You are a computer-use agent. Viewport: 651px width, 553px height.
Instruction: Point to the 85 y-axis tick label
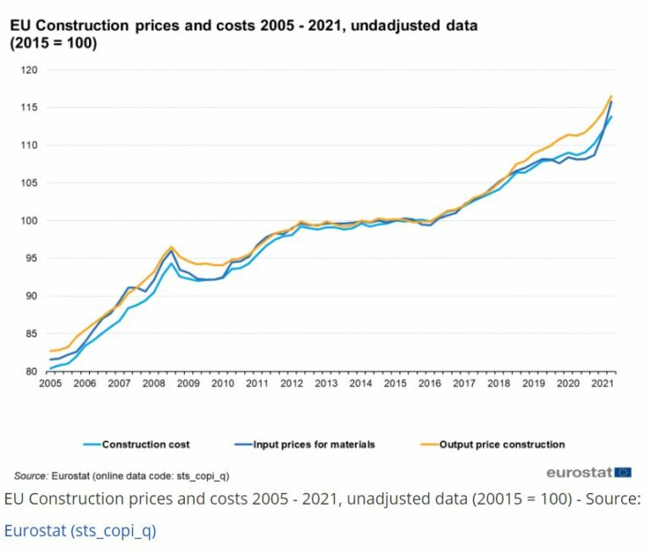32,334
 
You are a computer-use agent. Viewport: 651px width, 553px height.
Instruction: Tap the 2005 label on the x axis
49,384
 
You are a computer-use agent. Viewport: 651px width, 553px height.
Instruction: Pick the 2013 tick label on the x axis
325,384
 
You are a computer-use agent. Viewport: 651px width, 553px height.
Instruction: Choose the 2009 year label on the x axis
187,384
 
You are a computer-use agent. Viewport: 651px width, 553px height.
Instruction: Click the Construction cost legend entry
145,444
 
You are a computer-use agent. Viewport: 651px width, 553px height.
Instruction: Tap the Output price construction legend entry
501,444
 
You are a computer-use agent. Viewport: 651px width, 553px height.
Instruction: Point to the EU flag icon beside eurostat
623,472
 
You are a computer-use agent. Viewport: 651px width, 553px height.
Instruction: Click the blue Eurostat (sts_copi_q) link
81,531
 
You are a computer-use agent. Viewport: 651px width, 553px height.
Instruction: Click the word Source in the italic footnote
30,476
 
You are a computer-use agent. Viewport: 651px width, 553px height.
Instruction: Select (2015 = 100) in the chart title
53,43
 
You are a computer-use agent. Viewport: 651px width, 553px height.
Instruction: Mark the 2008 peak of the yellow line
171,247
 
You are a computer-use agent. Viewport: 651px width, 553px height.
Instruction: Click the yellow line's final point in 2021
611,97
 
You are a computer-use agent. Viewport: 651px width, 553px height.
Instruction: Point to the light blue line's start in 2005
49,368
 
